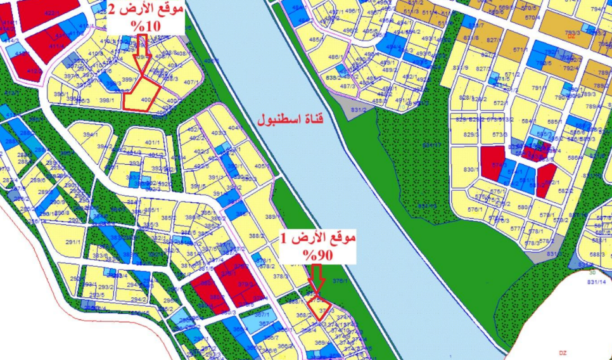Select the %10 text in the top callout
[x=145, y=27]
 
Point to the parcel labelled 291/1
[x=73, y=241]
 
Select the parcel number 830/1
[x=470, y=169]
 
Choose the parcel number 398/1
[x=106, y=100]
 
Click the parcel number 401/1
[x=153, y=143]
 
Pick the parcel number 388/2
[x=256, y=236]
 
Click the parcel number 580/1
[x=523, y=207]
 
